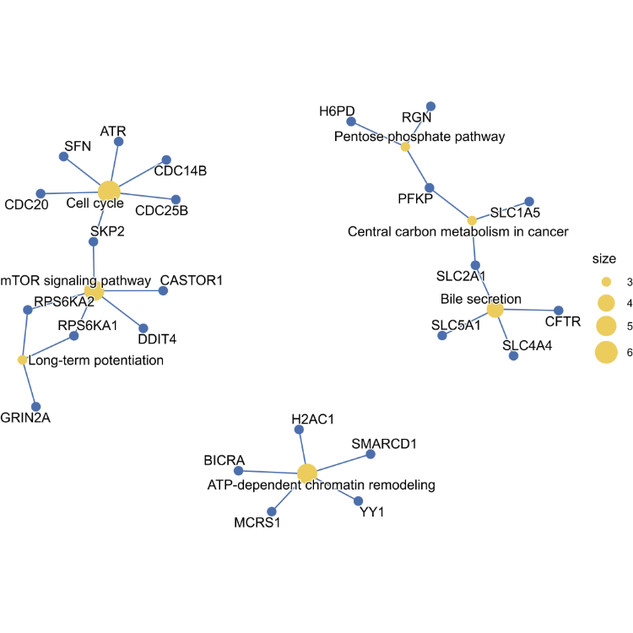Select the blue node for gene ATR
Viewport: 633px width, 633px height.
[x=119, y=142]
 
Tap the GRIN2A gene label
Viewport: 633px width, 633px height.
[x=25, y=417]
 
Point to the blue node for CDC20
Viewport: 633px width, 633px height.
[x=41, y=193]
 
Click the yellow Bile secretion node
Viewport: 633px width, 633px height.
[x=495, y=310]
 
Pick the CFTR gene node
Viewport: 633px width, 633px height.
[x=558, y=310]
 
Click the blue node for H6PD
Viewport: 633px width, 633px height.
[x=351, y=122]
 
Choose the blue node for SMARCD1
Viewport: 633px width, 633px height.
[x=371, y=455]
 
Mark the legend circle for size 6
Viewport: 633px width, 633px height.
[x=606, y=353]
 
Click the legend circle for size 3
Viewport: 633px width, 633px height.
[x=606, y=281]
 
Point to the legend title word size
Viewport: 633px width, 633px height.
[x=605, y=259]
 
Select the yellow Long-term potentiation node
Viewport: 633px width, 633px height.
[x=23, y=360]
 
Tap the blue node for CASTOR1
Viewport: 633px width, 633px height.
[x=163, y=291]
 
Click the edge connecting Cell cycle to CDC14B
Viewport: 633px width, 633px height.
[x=139, y=175]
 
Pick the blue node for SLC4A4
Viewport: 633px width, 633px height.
[x=513, y=356]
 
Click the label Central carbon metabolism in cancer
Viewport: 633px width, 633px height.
[x=458, y=231]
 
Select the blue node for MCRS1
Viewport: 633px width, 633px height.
[x=272, y=511]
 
